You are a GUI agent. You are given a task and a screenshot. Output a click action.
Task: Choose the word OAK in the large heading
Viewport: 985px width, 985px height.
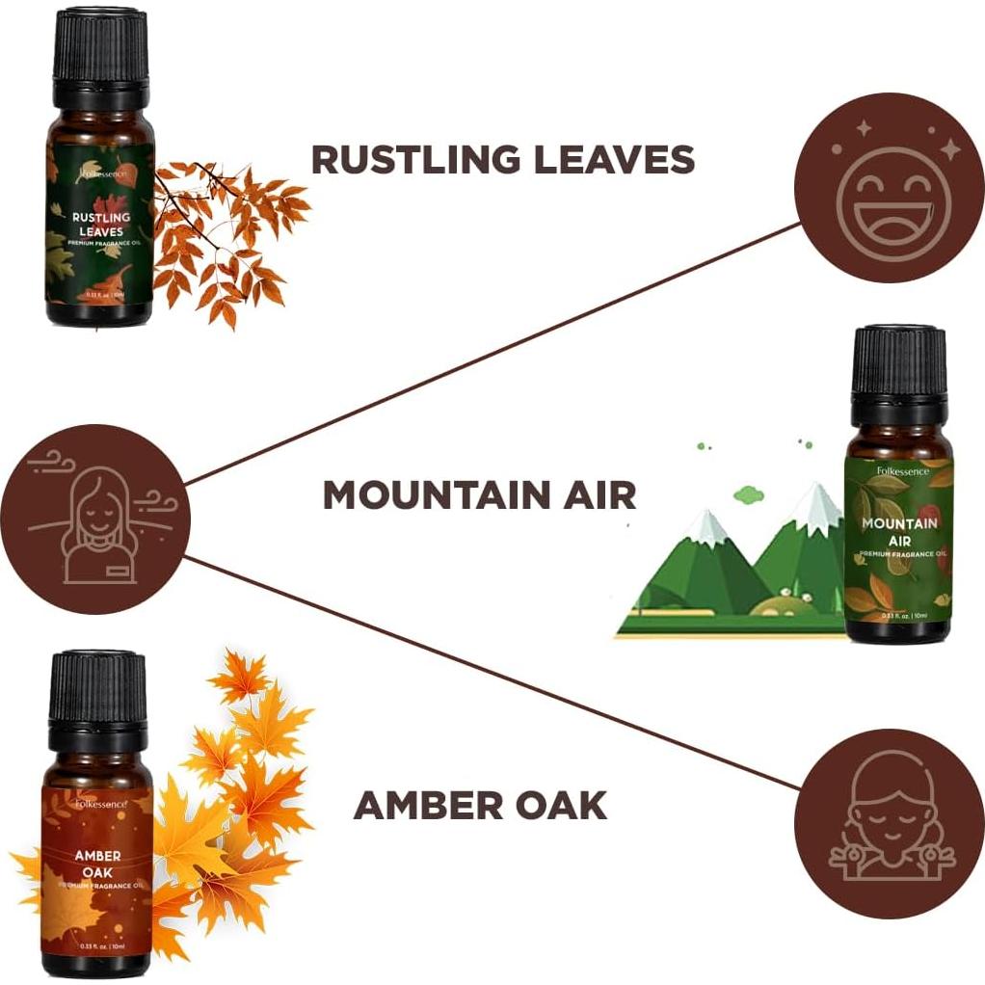[x=564, y=805]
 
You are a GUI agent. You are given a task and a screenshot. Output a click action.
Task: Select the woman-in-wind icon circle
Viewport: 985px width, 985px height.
[x=94, y=519]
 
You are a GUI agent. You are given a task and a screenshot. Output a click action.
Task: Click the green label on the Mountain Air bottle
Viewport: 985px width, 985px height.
[x=898, y=540]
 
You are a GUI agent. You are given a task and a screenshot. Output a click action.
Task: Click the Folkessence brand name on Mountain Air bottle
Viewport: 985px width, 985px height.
[x=898, y=471]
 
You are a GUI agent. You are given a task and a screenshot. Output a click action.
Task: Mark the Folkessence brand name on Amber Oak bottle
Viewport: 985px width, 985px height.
[x=99, y=799]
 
